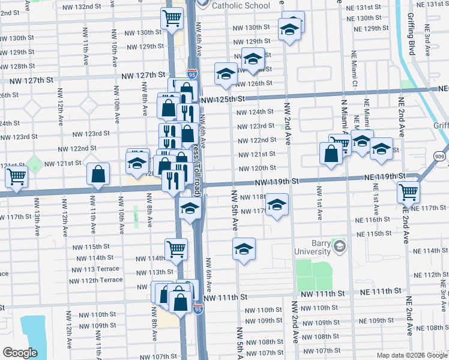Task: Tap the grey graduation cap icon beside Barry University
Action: [340, 246]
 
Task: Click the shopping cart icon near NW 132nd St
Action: [172, 19]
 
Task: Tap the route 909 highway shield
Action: [439, 155]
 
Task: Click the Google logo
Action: [19, 353]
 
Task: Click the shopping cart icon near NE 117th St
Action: [408, 193]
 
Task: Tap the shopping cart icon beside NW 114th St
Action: [175, 248]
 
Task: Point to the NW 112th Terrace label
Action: [96, 280]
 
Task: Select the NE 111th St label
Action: [381, 291]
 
